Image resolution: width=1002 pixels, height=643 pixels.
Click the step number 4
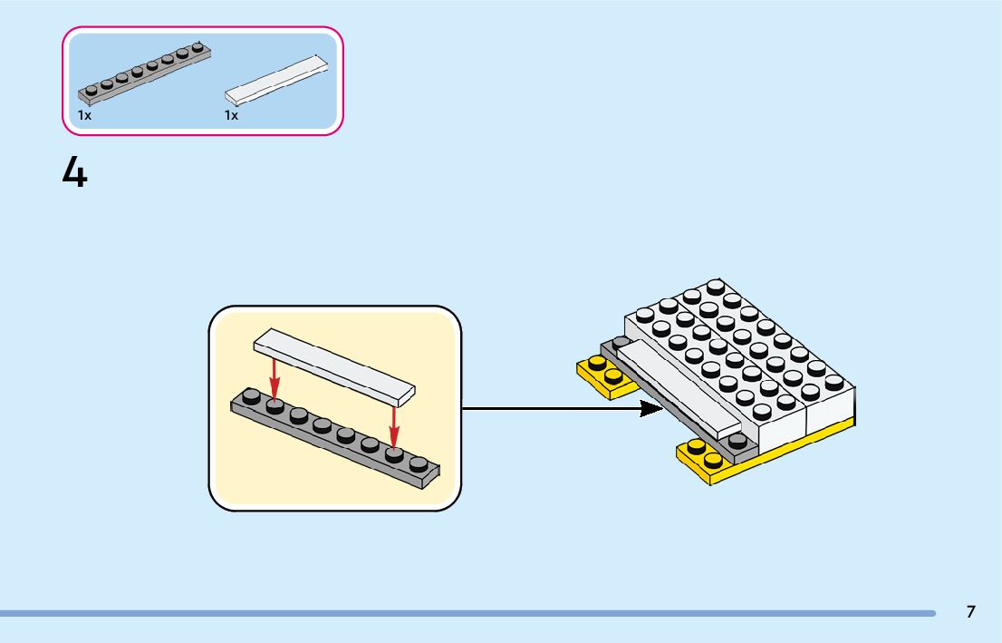[74, 172]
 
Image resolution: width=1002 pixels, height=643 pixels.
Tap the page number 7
[970, 611]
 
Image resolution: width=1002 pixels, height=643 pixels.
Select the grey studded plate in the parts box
[145, 71]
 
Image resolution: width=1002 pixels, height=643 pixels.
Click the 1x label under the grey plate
[84, 115]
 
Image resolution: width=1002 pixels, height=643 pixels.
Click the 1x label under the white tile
[231, 115]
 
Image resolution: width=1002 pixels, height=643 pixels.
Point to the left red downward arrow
[275, 378]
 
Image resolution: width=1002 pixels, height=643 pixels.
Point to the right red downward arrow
[394, 425]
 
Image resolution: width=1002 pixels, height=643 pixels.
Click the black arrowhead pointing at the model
[650, 408]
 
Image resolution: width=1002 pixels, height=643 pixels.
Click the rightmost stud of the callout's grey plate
[418, 463]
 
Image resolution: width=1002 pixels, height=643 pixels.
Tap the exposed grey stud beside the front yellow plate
[737, 440]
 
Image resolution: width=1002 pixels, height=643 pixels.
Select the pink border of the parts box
[203, 28]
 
